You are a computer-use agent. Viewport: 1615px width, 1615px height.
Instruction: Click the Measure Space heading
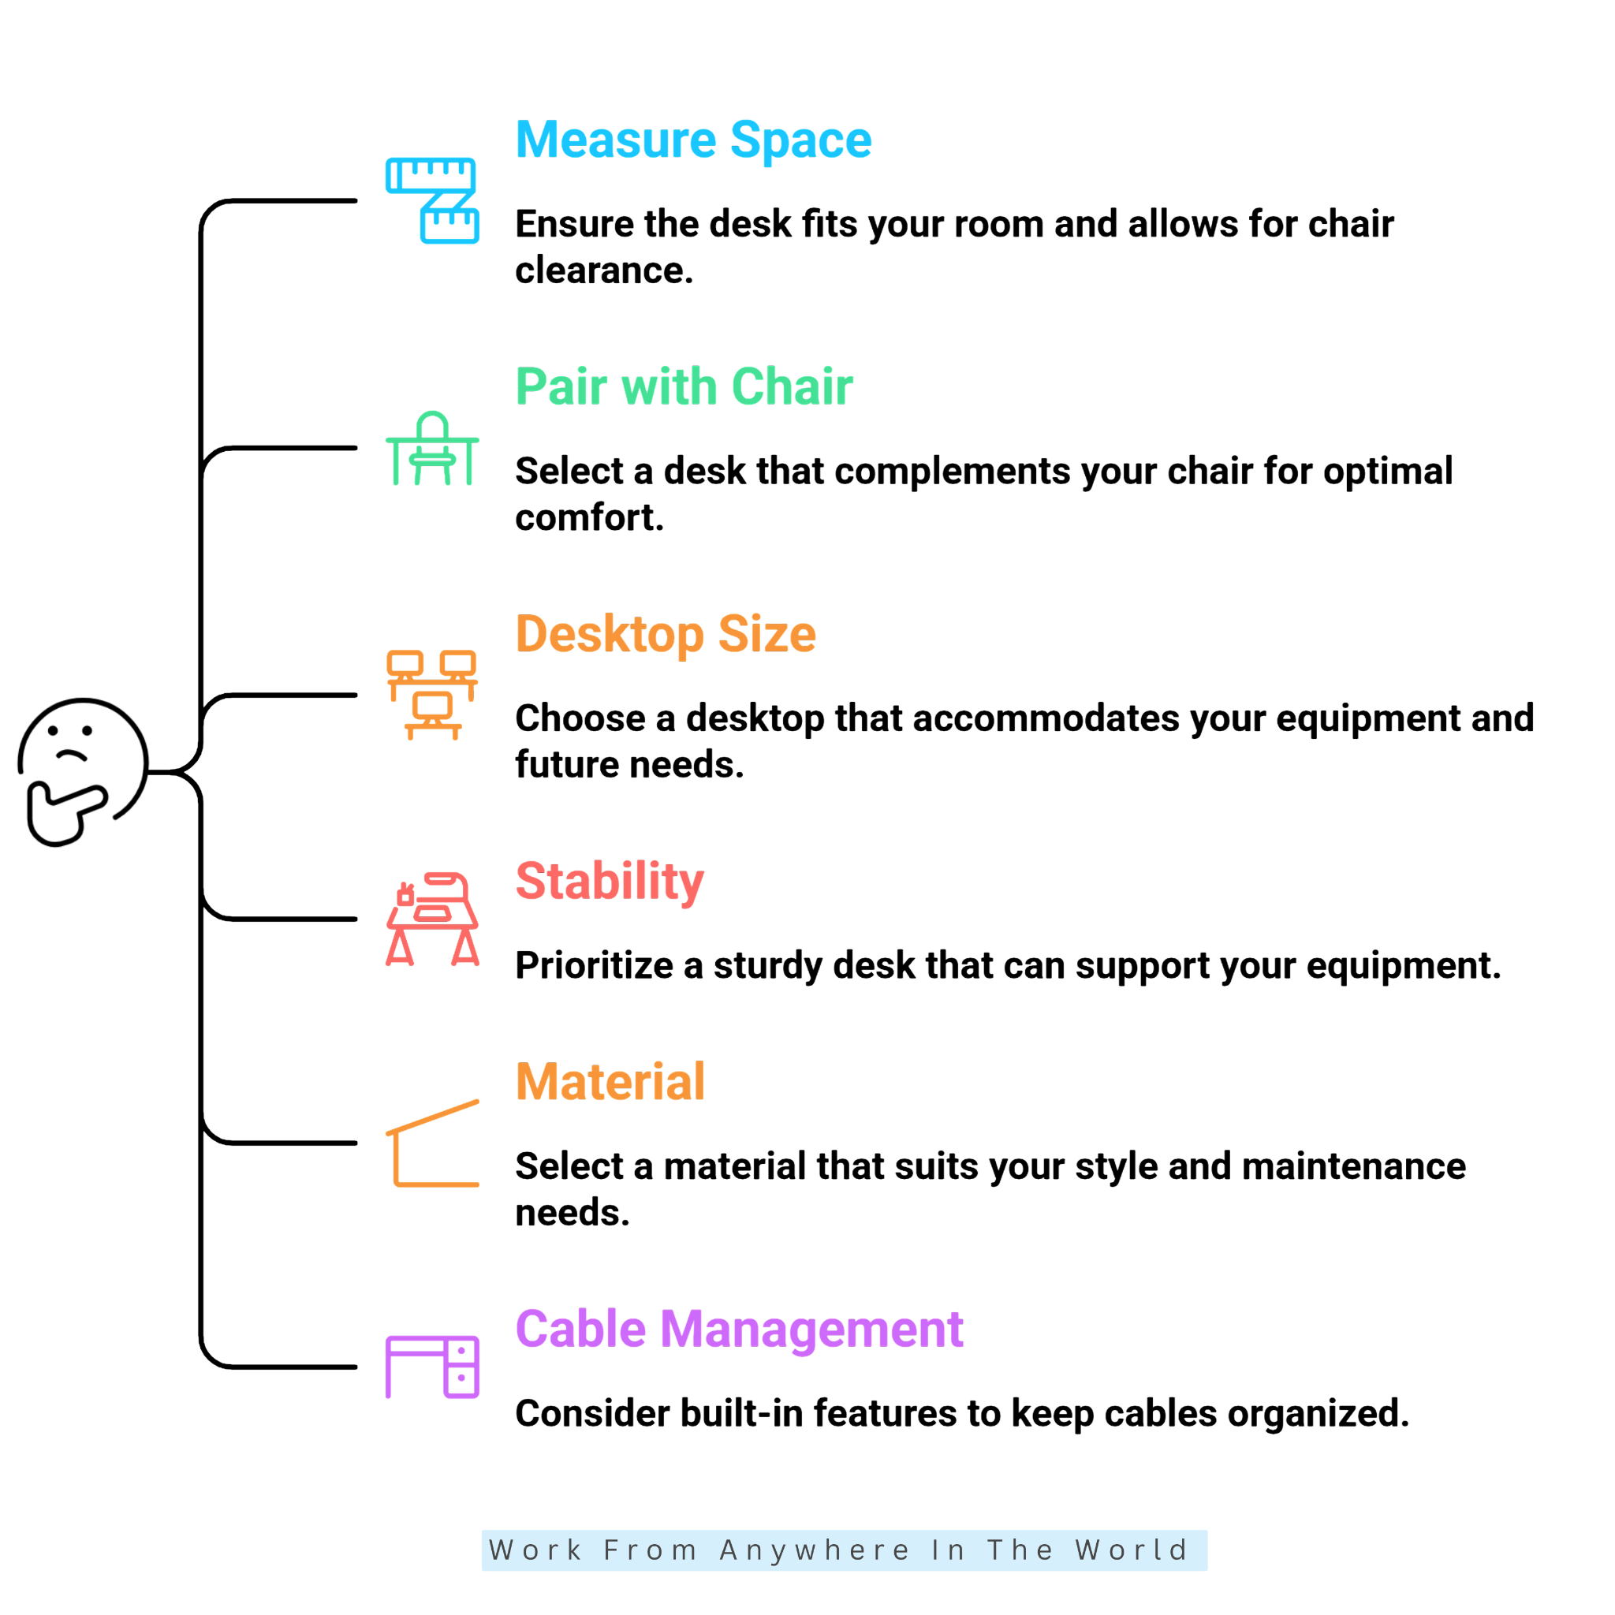(x=693, y=140)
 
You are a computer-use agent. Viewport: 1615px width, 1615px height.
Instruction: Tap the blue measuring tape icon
(x=432, y=200)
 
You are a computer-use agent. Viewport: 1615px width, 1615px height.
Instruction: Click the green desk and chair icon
(x=432, y=448)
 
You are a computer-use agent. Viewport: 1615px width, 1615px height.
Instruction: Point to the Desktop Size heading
(x=666, y=634)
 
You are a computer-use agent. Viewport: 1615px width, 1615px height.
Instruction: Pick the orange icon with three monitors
(x=432, y=695)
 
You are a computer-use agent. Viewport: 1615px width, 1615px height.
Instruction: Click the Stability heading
(x=610, y=881)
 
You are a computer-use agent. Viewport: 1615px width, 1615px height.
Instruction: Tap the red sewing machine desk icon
(x=432, y=919)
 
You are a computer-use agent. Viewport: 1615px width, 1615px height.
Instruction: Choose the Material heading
(x=610, y=1082)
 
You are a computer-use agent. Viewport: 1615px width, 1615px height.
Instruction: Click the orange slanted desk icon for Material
(x=432, y=1143)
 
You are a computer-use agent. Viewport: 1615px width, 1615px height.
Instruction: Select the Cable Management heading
(x=739, y=1329)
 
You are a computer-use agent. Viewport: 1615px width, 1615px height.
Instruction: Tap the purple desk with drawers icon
(x=432, y=1367)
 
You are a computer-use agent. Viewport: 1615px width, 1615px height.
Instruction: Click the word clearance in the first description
(x=604, y=270)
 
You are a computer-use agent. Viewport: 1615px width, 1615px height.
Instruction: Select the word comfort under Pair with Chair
(x=589, y=517)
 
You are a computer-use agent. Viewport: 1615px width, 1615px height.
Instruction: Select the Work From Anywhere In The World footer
(x=845, y=1550)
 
